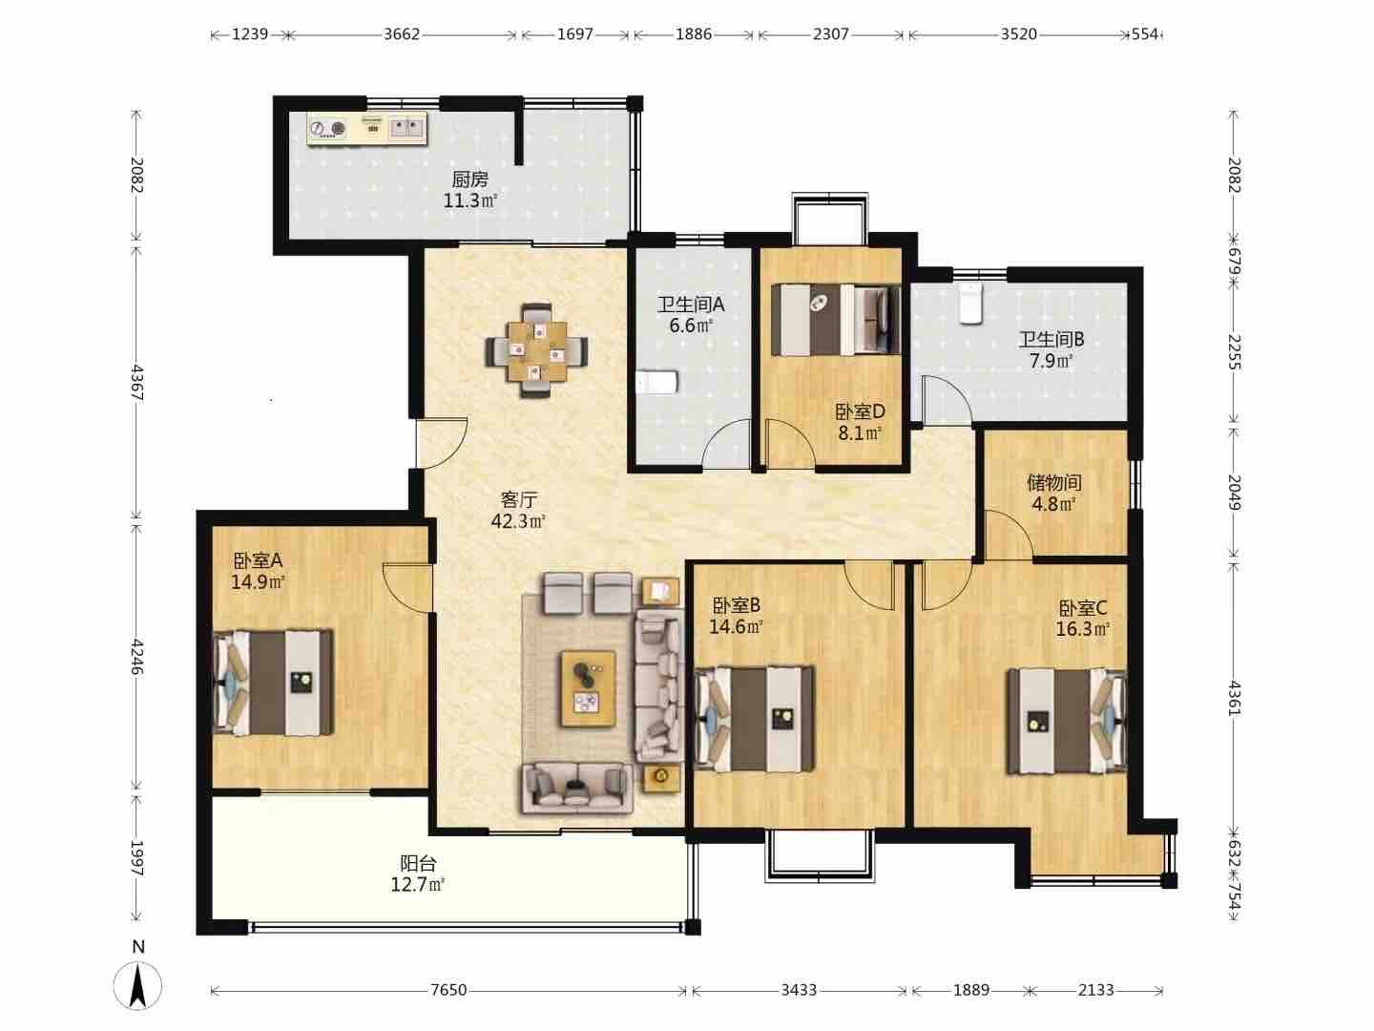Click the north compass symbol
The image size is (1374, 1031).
137,984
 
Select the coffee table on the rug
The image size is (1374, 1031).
588,688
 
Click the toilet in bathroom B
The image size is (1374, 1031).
971,303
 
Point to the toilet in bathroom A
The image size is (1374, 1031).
656,382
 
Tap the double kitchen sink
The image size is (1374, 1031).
406,128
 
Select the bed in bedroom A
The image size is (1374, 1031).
273,683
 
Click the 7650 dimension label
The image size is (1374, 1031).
448,990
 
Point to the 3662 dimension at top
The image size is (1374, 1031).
402,33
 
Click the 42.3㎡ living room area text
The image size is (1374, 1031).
518,521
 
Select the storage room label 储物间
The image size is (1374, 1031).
1054,482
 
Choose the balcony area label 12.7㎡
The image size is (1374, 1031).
418,885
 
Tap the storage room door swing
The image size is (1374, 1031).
1010,534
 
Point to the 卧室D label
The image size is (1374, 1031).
860,411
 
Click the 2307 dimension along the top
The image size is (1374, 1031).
831,33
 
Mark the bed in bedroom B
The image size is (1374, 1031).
755,718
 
